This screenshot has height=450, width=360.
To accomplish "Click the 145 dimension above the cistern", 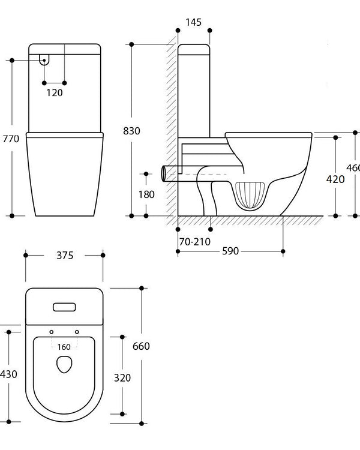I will point(193,22).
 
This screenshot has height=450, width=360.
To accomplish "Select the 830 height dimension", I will point(131,130).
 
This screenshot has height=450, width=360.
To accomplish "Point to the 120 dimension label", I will point(55,92).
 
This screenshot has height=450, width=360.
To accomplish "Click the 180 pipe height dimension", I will point(146,194).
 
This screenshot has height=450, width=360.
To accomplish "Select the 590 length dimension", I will point(230,251).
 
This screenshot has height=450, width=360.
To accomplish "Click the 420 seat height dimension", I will point(335,178).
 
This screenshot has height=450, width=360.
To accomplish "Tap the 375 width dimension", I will point(65,255).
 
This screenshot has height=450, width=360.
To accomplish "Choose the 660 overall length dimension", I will point(141,346).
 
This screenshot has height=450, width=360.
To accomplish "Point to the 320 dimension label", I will point(123,378).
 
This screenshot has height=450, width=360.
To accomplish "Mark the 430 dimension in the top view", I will point(8,374).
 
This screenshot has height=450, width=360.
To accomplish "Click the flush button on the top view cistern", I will point(64,307).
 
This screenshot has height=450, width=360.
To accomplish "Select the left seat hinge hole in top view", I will point(52,332).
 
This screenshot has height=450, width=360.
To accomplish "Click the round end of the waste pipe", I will point(164,173).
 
